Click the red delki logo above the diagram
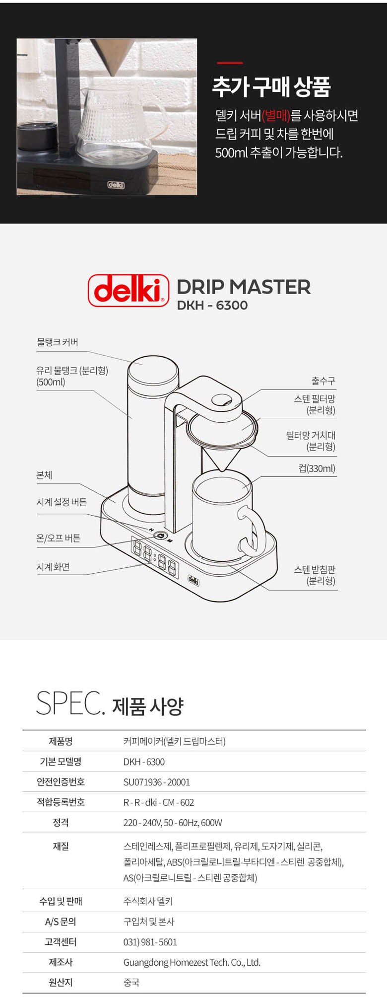tap(129, 290)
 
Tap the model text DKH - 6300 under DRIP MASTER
tap(212, 305)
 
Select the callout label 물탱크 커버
tap(58, 342)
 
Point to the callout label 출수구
tap(323, 381)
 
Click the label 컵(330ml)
tap(317, 468)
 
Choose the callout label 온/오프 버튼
tap(59, 538)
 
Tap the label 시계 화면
tap(53, 567)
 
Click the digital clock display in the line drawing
tap(154, 557)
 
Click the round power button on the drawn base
tap(160, 536)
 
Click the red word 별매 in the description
tap(277, 115)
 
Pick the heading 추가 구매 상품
tap(271, 87)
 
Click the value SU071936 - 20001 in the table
tap(157, 782)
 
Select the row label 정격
tap(61, 822)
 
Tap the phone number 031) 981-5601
tap(150, 942)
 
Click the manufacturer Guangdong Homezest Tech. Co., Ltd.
tap(192, 962)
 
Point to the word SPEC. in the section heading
tap(70, 703)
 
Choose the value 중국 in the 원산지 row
tap(131, 982)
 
